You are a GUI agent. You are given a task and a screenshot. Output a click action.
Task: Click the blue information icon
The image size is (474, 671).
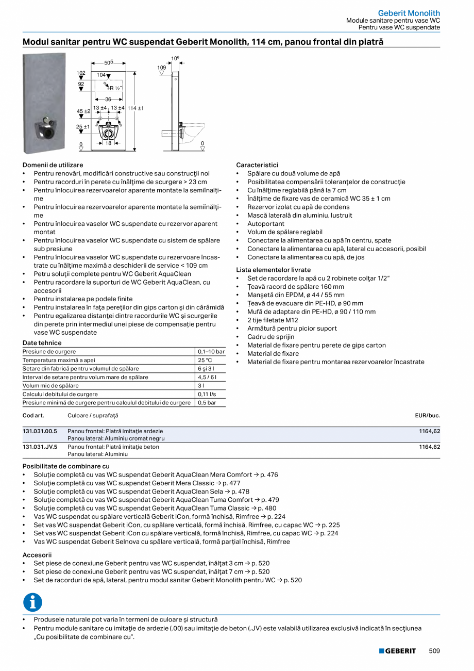[x=32, y=602]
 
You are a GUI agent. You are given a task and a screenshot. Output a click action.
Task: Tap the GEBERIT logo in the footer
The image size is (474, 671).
[x=397, y=651]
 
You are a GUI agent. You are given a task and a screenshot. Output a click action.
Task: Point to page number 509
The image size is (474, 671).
[x=434, y=651]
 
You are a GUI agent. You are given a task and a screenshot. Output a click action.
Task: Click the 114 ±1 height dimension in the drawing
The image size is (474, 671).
[x=135, y=108]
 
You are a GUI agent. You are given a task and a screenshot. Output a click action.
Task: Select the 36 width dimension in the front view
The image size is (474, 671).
[x=108, y=99]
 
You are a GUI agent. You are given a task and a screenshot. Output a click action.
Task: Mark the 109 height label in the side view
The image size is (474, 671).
[x=162, y=68]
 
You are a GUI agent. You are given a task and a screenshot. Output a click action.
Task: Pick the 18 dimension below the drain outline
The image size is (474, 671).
[x=108, y=143]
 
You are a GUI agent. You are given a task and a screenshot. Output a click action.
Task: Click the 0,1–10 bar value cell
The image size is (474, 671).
[x=211, y=352]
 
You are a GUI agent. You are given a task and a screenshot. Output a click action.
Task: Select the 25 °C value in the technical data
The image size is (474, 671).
[x=205, y=360]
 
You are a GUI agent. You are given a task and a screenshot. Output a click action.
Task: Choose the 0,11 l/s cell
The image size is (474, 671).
[x=207, y=394]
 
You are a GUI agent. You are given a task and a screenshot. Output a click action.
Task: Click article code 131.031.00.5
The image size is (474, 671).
[x=40, y=431]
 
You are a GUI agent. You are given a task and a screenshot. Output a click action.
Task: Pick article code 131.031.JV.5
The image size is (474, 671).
[x=40, y=447]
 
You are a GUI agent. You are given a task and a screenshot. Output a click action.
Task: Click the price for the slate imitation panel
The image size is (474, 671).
[x=430, y=431]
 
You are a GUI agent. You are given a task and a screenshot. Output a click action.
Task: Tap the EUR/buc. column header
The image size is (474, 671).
[x=427, y=415]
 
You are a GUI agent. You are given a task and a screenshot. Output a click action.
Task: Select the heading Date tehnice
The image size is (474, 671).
[x=42, y=343]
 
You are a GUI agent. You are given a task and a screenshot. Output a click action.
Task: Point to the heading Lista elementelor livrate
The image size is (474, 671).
[x=273, y=270]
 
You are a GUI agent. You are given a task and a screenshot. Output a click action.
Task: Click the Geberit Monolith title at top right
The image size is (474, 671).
[x=409, y=13]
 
